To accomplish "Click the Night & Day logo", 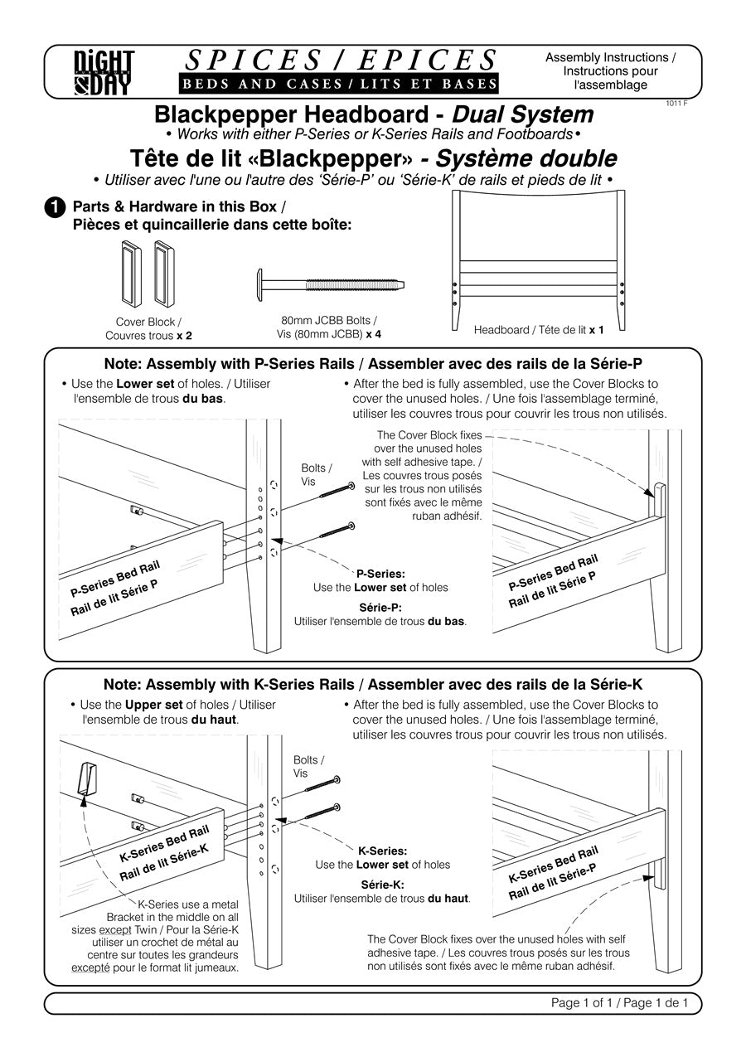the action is point(104,72).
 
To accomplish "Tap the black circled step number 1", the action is point(55,207).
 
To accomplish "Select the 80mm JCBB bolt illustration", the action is point(330,284).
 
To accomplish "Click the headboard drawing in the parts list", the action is point(539,260).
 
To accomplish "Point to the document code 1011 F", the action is point(676,104).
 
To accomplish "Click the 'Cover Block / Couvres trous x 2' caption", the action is point(148,328).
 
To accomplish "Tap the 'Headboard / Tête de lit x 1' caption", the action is point(539,330).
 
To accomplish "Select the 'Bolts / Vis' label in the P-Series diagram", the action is point(316,474).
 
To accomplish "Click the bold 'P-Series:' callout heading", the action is point(380,574).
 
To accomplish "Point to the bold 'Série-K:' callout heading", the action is point(382,885).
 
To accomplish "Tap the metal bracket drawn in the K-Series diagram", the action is point(86,778).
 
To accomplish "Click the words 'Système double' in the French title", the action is point(526,159).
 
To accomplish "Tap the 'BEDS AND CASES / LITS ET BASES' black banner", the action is point(338,84).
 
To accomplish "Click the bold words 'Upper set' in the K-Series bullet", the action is point(154,705).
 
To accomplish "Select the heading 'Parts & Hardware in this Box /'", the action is point(179,206).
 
